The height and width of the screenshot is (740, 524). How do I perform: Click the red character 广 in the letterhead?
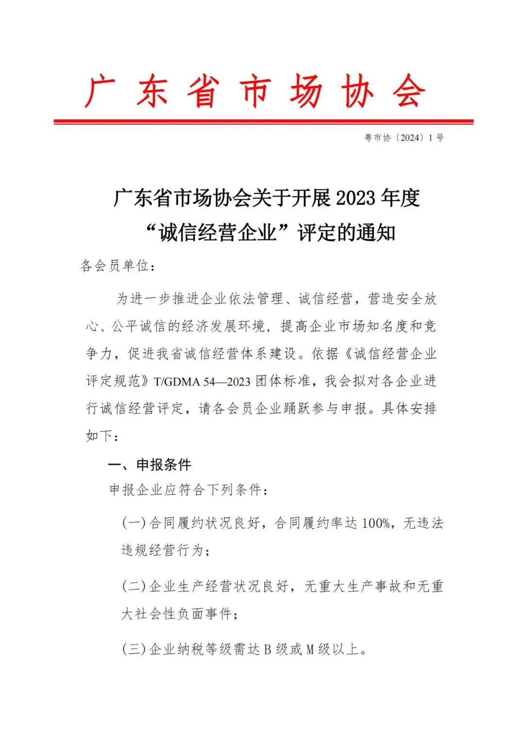[x=100, y=91]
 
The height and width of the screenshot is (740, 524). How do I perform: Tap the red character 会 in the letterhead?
[x=409, y=91]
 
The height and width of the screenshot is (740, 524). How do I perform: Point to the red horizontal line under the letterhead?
[x=263, y=121]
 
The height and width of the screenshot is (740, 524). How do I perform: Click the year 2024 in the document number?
[x=410, y=138]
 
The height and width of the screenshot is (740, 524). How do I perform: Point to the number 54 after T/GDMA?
[x=209, y=382]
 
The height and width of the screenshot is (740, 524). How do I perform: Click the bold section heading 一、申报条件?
[x=149, y=465]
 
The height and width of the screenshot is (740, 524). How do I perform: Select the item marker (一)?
[x=133, y=523]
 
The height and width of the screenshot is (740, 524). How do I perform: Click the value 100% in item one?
[x=376, y=523]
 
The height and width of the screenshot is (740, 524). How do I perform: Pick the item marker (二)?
[x=133, y=586]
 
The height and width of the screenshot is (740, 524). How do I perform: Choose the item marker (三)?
[x=133, y=649]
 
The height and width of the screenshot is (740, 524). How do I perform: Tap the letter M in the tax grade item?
[x=310, y=649]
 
